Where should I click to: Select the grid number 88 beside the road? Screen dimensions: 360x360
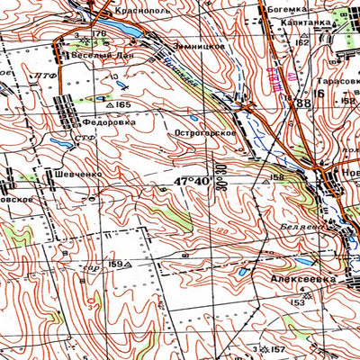point(301,104)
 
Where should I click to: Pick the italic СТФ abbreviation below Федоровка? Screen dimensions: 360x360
point(85,138)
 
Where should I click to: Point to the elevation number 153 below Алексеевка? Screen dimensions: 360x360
point(297,303)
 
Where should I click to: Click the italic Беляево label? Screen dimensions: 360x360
point(300,226)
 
